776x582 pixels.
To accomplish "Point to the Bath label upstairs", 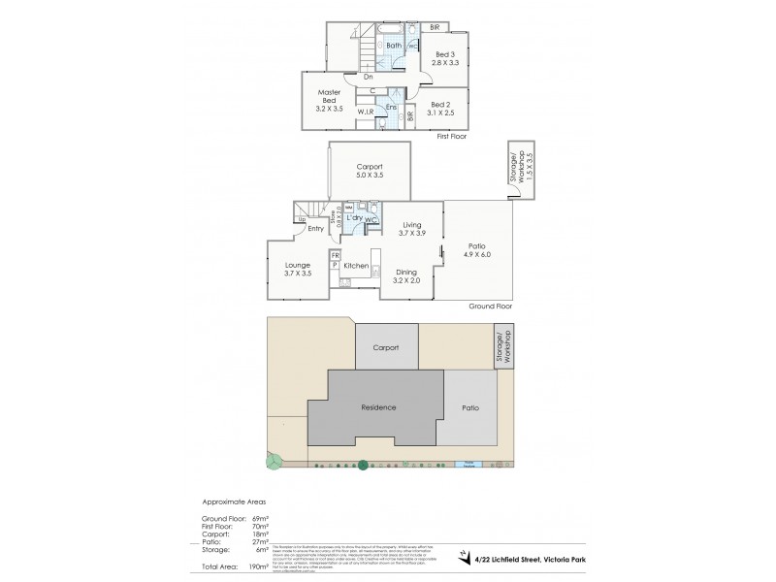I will pos(394,46).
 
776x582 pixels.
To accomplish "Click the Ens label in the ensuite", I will pos(391,107).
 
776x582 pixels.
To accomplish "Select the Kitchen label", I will pos(356,265).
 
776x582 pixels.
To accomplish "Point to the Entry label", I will pos(315,229).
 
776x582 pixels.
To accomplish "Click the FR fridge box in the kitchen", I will pos(335,255).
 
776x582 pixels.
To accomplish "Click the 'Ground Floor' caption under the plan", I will pos(490,305).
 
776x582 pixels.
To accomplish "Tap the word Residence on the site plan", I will pos(376,407).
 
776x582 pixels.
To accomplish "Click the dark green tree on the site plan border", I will pos(362,465).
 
